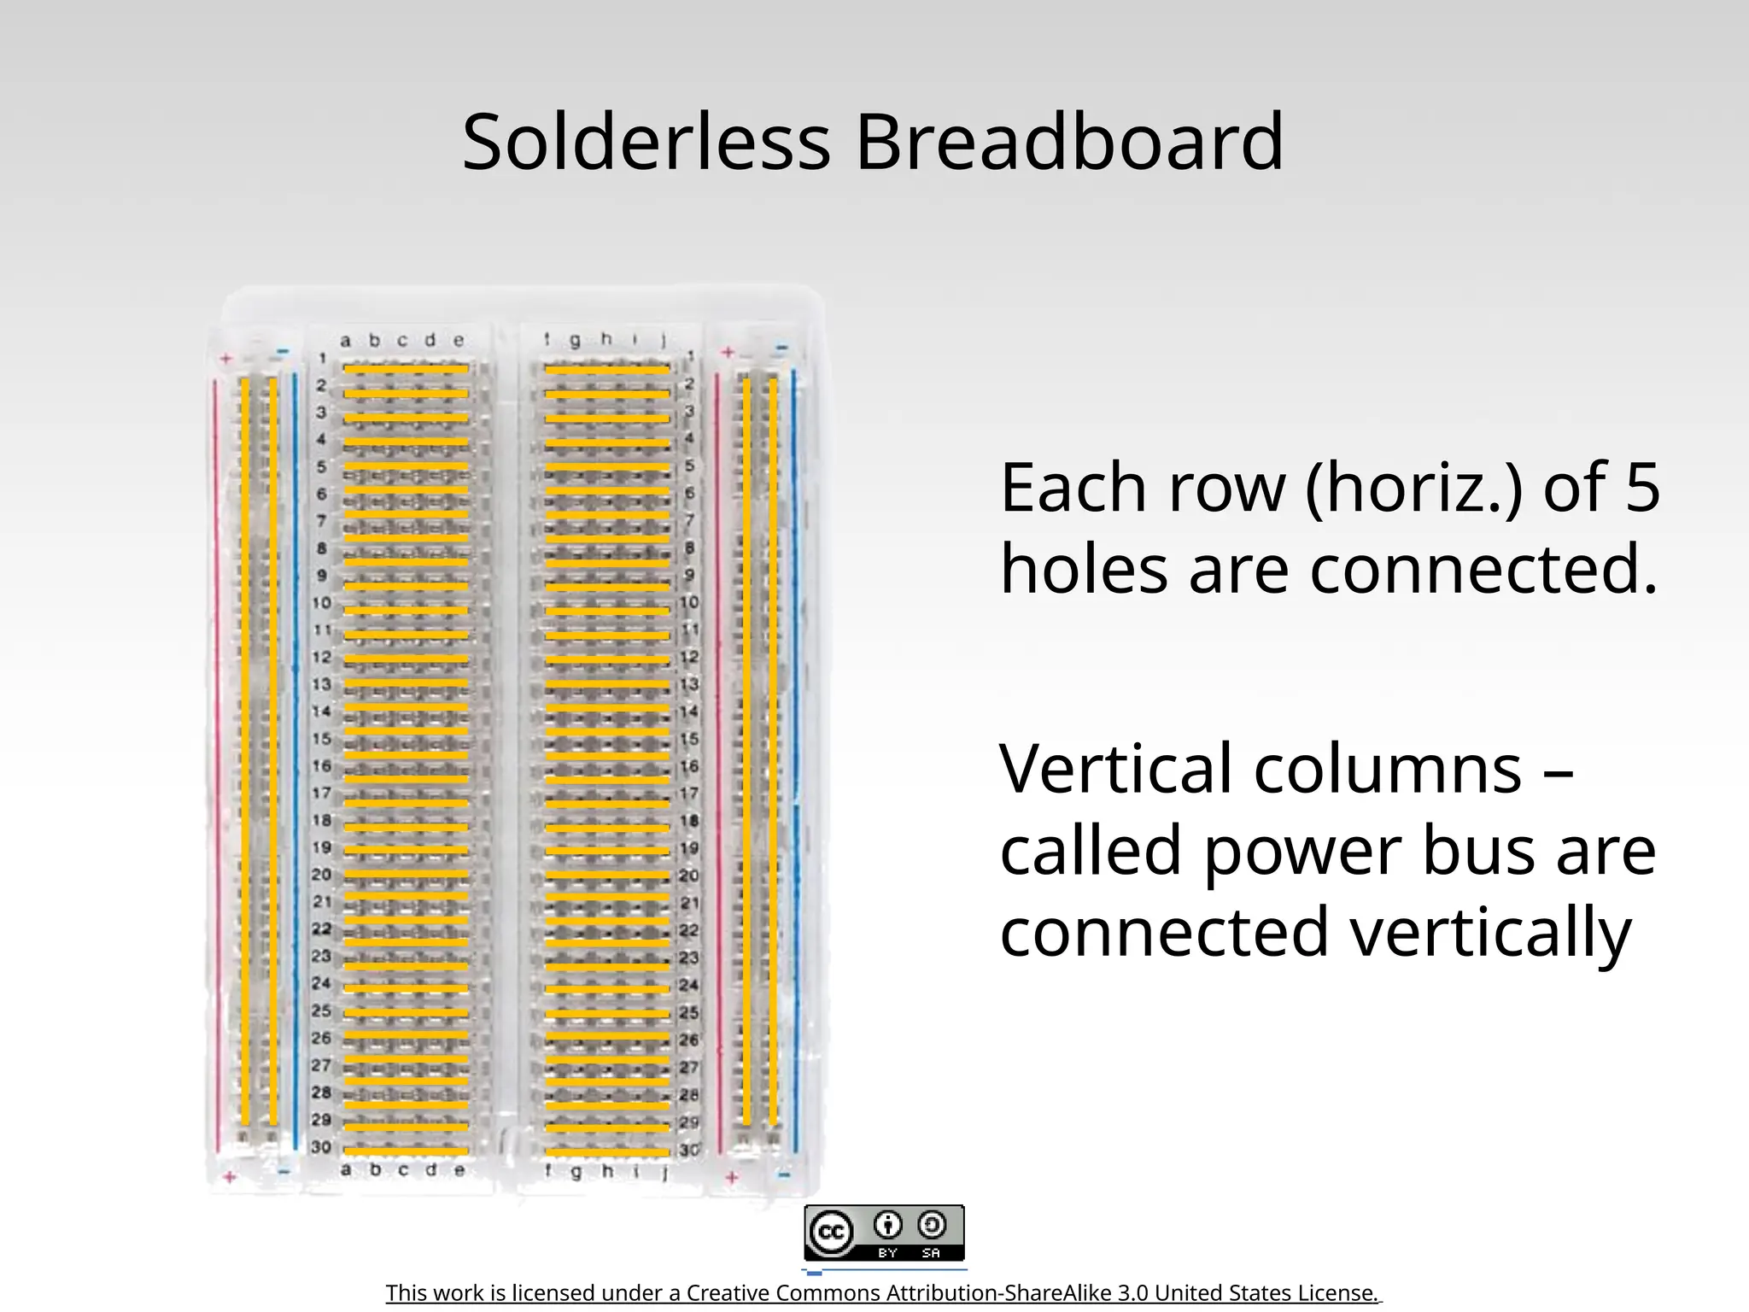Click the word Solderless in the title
pos(646,142)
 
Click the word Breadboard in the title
pos(1069,142)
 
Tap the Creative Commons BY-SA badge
pos(884,1233)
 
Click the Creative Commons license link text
pos(882,1293)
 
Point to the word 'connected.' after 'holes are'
pos(1484,569)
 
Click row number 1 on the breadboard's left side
pos(322,358)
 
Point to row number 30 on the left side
pos(321,1147)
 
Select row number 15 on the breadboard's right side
pos(689,739)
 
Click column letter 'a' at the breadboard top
pos(345,341)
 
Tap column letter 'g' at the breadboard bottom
pos(576,1171)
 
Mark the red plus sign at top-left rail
pos(226,359)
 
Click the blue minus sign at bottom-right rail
pos(784,1174)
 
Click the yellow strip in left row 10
pos(406,611)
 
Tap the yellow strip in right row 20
pos(607,876)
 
